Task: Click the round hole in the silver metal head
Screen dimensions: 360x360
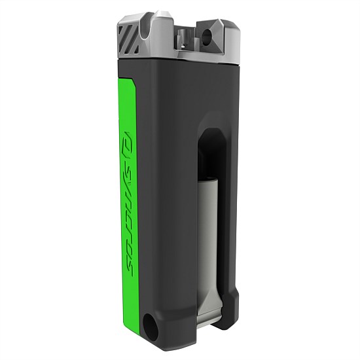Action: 211,32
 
